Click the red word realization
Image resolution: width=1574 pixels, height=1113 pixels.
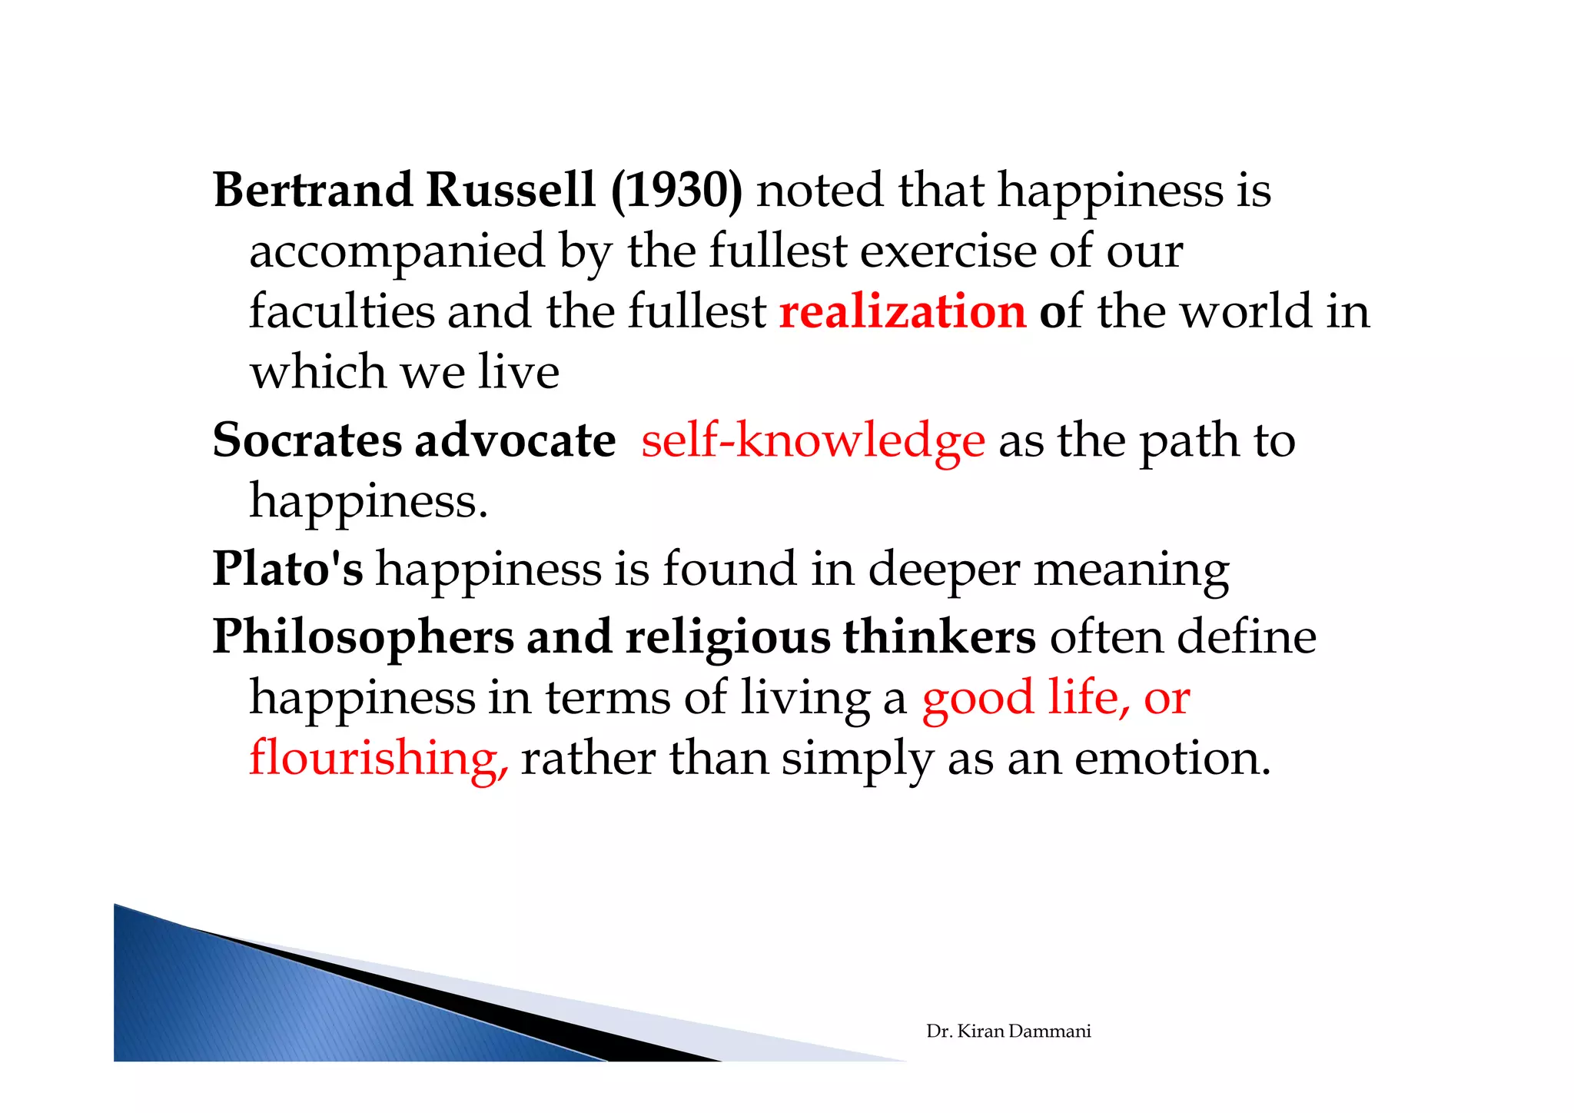click(x=902, y=312)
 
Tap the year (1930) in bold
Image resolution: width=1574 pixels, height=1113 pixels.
click(x=676, y=190)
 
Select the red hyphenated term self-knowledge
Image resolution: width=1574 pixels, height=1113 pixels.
click(x=812, y=440)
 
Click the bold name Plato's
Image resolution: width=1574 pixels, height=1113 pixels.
click(x=287, y=569)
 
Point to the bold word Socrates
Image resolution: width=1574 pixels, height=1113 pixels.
click(x=307, y=440)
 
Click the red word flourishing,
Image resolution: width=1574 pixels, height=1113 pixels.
click(x=378, y=758)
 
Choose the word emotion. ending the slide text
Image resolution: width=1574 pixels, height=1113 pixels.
click(x=1172, y=758)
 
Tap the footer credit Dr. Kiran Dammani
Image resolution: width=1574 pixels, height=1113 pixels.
click(x=1008, y=1032)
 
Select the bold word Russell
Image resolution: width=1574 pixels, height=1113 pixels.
click(x=510, y=190)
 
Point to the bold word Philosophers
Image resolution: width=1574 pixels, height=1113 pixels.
click(x=363, y=637)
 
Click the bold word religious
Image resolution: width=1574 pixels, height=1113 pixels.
click(x=728, y=637)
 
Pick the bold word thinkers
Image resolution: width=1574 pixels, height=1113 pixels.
click(x=939, y=637)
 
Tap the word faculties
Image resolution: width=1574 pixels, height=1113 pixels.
click(x=341, y=312)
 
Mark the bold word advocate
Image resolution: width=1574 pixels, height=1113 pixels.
click(x=515, y=440)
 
